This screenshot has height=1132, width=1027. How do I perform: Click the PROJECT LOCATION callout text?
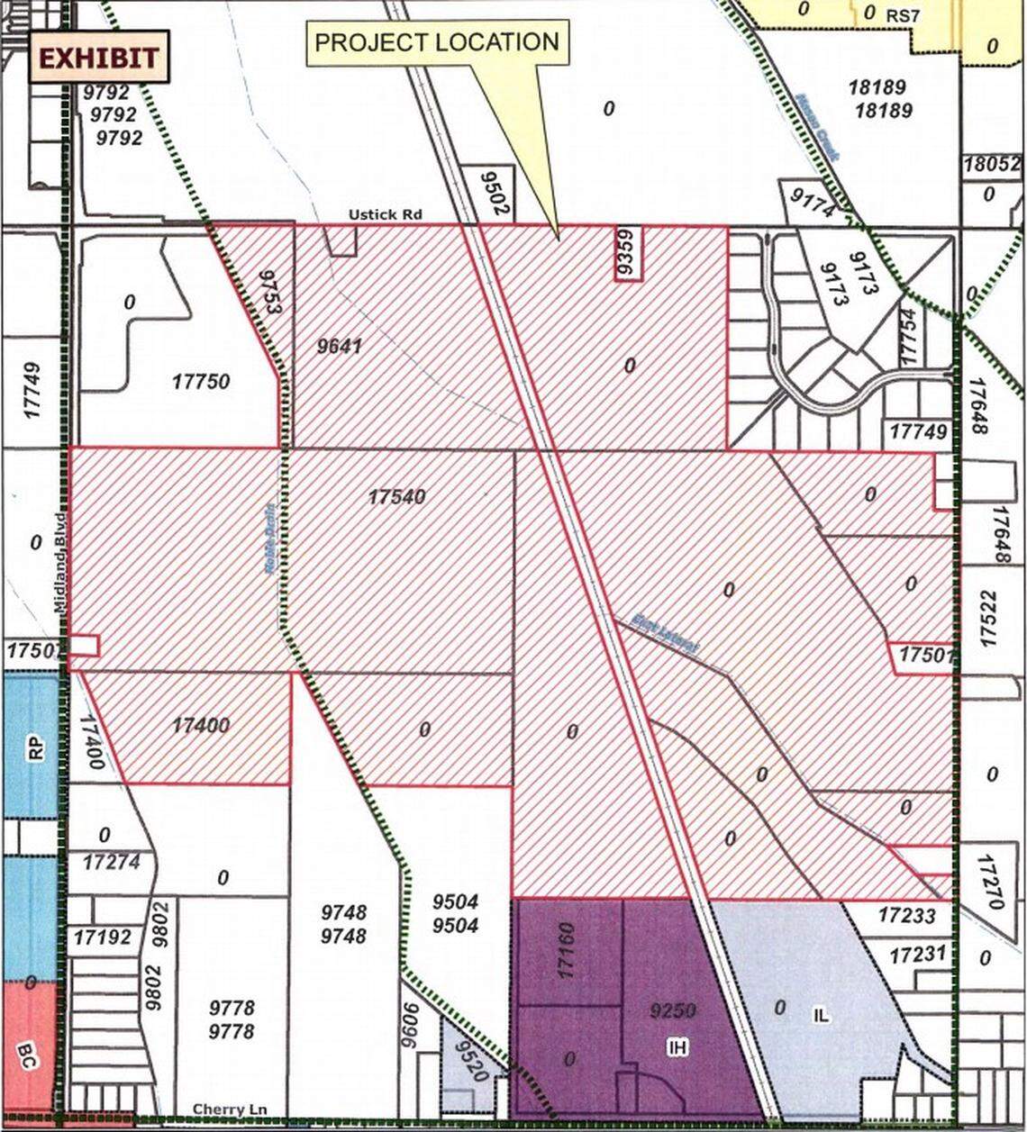coord(438,42)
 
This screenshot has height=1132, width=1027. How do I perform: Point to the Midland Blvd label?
coord(60,564)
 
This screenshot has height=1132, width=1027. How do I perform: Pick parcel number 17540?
coord(396,497)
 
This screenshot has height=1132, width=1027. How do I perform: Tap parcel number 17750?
coord(201,382)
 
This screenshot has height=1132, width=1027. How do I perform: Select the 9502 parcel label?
coord(487,192)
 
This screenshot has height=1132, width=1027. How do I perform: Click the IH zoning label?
coord(677,1046)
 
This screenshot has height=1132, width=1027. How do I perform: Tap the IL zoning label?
coord(822,1016)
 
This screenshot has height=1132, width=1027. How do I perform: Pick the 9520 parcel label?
coord(471,1063)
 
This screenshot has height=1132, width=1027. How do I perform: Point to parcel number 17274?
coord(112,862)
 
